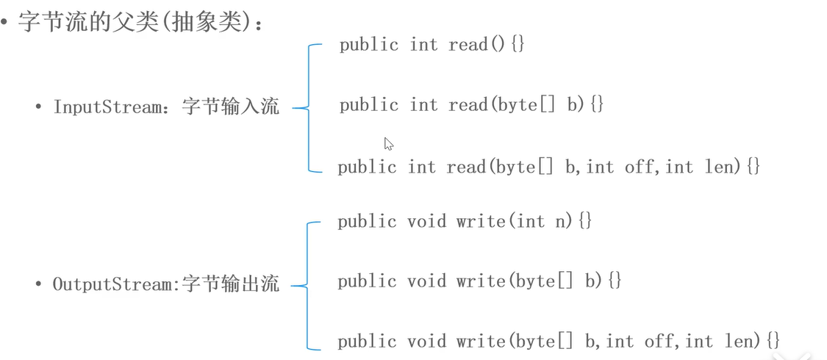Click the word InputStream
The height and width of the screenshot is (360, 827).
(x=107, y=107)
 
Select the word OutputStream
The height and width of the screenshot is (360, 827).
(x=112, y=284)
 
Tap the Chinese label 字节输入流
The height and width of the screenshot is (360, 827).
(x=231, y=107)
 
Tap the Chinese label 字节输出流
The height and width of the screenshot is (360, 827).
(x=231, y=284)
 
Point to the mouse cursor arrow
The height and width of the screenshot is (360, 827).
(x=388, y=143)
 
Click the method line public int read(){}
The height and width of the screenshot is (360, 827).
(x=432, y=45)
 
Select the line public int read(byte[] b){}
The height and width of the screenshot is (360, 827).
(x=471, y=105)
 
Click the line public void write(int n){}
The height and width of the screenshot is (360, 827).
(x=465, y=221)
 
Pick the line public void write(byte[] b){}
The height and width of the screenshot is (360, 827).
(x=480, y=281)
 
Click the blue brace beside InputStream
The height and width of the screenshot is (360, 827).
(x=307, y=108)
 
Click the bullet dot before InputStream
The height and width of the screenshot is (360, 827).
(x=37, y=107)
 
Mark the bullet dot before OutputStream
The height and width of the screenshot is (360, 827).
(x=37, y=284)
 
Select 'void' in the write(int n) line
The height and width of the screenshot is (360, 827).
(x=426, y=221)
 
